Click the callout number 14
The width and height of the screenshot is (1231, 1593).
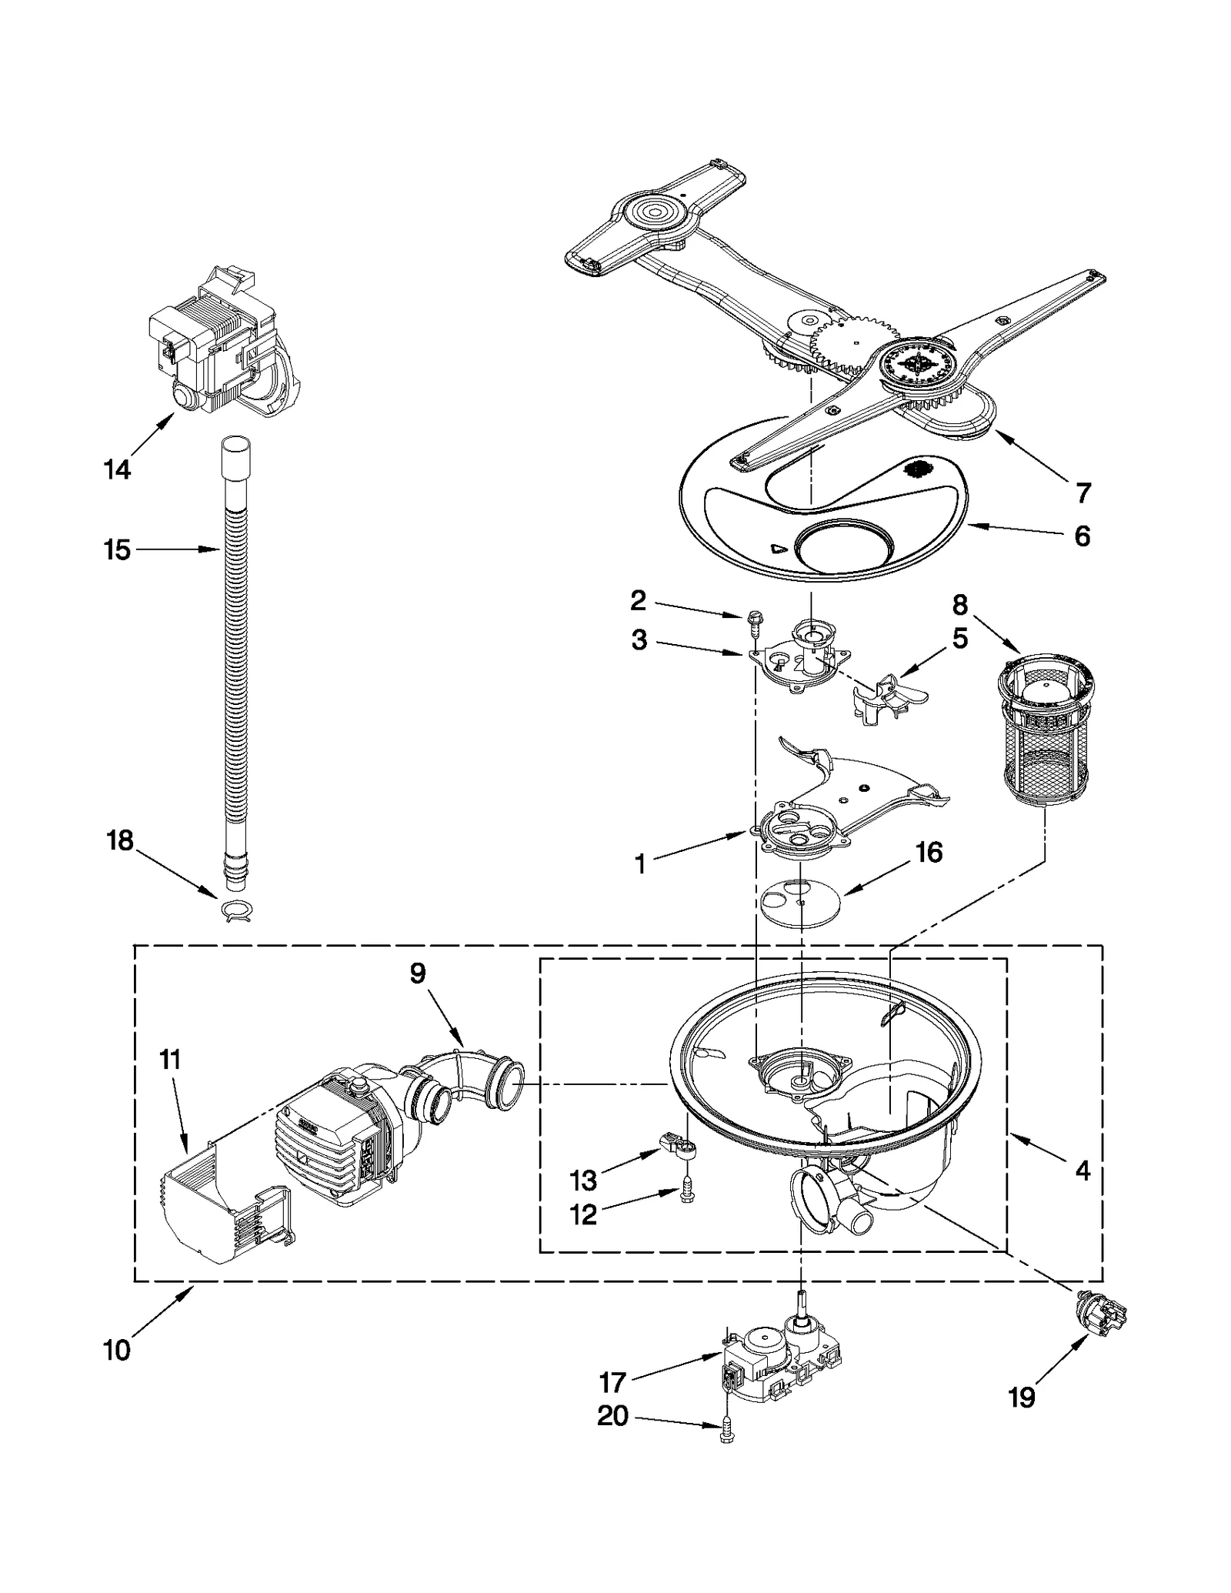[117, 469]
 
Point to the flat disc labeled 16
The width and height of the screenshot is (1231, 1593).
[801, 903]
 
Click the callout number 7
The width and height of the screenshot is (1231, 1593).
[1083, 493]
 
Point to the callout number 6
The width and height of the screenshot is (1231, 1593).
[1082, 536]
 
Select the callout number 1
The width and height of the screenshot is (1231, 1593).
[640, 864]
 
